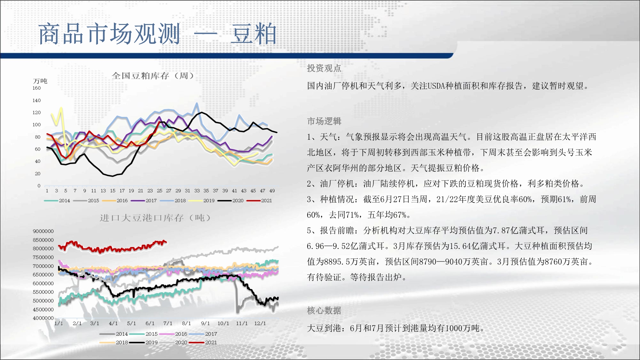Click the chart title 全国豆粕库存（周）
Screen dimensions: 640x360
(153, 76)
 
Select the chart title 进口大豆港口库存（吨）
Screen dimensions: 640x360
(156, 218)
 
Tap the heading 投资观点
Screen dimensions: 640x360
(324, 68)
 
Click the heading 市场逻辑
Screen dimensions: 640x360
(324, 121)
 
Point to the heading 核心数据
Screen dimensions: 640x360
(324, 310)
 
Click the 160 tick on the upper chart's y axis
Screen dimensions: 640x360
(36, 88)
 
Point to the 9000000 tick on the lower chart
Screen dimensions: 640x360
(43, 231)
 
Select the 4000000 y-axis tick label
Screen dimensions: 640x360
(43, 318)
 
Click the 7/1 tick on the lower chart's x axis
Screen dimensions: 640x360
(168, 324)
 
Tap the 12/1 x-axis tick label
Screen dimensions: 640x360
(260, 324)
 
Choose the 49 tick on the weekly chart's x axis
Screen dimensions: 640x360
(272, 191)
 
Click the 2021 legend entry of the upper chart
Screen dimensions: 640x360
(259, 201)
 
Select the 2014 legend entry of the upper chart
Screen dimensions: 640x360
(57, 201)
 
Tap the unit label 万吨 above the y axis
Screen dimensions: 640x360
(40, 81)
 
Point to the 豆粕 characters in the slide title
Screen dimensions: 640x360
(253, 34)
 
